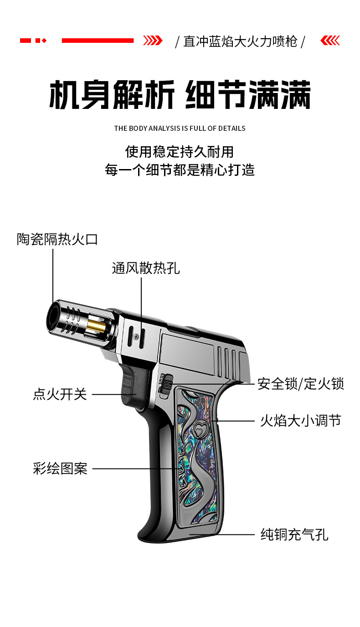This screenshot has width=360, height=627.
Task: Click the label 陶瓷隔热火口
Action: click(x=57, y=239)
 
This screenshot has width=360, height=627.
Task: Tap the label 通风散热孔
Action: click(x=146, y=268)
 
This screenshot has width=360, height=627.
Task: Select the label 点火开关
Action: click(x=60, y=394)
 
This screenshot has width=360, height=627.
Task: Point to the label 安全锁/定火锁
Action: click(x=300, y=384)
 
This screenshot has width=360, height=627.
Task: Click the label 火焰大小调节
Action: click(x=300, y=420)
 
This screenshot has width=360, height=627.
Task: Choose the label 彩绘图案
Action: click(x=60, y=468)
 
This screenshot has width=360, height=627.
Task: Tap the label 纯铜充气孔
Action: click(x=294, y=534)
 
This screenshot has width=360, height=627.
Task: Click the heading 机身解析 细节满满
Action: click(x=180, y=95)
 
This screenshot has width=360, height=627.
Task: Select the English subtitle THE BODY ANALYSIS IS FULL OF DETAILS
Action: click(x=180, y=128)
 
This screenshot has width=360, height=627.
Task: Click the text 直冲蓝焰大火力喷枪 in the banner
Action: click(x=240, y=41)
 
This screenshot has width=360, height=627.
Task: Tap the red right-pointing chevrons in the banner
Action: click(x=153, y=41)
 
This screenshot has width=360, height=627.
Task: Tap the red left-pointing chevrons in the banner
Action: click(x=330, y=41)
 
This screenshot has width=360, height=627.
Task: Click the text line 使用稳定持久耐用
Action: click(x=180, y=151)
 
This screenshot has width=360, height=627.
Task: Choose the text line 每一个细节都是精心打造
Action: click(x=180, y=170)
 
